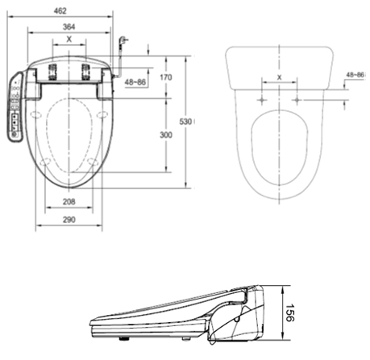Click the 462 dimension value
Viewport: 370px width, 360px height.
tap(60, 11)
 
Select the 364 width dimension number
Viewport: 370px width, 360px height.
tap(69, 27)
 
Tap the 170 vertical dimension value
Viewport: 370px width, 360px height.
tap(166, 77)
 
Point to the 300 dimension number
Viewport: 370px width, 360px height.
tap(166, 134)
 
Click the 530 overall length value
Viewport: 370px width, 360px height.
tap(185, 122)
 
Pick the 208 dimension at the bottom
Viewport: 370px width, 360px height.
tap(69, 201)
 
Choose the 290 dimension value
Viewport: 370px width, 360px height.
tap(69, 220)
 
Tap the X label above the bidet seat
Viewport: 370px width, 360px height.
tap(69, 39)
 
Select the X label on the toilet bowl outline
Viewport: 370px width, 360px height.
tap(280, 77)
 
